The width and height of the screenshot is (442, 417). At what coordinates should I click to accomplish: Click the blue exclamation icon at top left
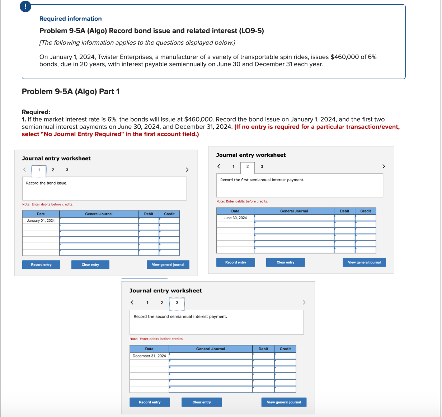[25, 7]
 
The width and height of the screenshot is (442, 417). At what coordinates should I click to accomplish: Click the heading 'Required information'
[70, 19]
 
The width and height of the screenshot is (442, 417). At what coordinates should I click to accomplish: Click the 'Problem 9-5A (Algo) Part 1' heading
[71, 91]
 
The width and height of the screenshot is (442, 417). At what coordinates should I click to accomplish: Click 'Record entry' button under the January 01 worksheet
[41, 265]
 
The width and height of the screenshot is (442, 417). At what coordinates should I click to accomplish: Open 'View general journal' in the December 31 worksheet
[284, 402]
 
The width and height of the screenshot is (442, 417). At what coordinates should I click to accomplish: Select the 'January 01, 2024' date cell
[41, 221]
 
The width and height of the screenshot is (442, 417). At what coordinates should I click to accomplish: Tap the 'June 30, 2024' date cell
[235, 218]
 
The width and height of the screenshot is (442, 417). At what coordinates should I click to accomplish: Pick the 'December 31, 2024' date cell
[149, 356]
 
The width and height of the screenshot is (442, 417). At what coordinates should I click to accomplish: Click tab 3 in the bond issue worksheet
[67, 170]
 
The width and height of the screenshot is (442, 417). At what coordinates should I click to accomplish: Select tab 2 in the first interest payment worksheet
[247, 167]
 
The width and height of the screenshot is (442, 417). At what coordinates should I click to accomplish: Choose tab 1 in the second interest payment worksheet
[147, 303]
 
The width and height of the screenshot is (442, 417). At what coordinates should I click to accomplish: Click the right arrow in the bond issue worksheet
[187, 170]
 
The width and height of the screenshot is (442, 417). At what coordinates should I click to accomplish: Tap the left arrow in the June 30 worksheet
[218, 166]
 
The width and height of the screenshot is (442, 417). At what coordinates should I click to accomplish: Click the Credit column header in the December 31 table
[285, 349]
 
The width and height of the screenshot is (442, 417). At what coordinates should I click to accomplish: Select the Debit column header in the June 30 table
[344, 211]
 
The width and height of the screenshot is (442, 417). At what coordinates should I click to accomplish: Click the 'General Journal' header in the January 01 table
[99, 214]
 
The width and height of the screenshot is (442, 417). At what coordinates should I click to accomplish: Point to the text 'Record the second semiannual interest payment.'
[180, 317]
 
